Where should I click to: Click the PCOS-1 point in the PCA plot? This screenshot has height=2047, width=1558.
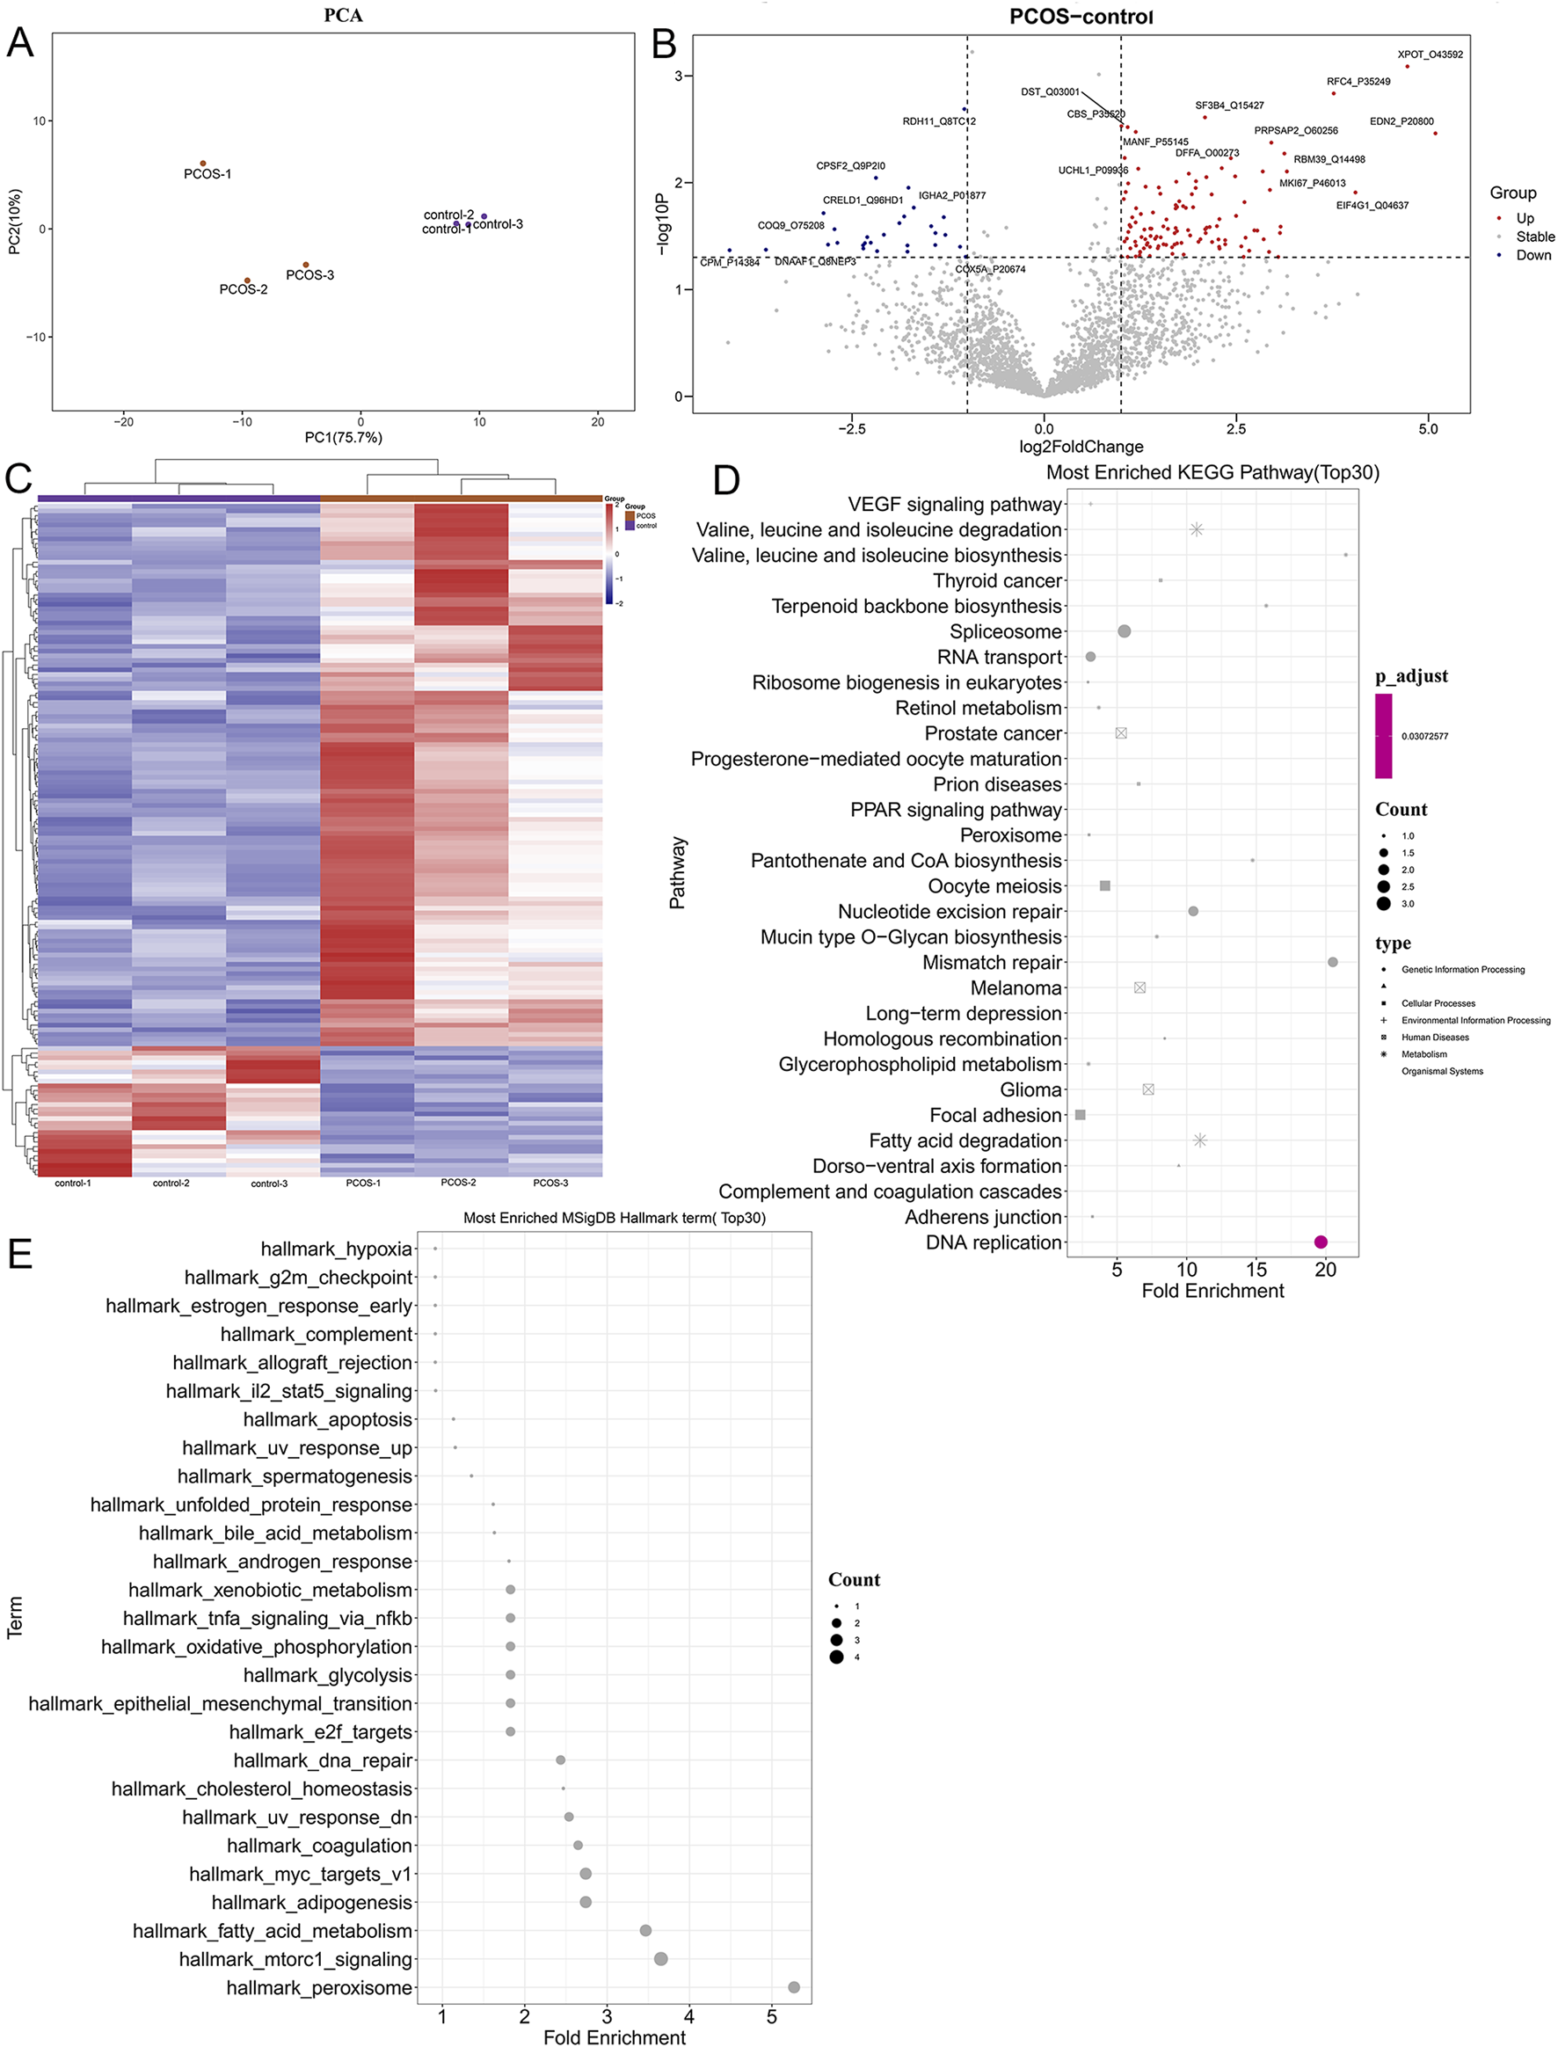[x=203, y=164]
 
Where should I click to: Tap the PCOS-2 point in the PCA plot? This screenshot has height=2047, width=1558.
[x=248, y=280]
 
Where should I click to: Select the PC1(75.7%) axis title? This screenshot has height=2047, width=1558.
[x=343, y=437]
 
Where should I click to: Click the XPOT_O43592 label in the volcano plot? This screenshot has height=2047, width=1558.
[x=1429, y=55]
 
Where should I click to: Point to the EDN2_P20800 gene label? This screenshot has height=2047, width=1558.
[x=1401, y=121]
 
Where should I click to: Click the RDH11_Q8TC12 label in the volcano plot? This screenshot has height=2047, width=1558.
[x=938, y=121]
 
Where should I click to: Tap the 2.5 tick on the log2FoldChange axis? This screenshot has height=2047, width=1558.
[x=1235, y=428]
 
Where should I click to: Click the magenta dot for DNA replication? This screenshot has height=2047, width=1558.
[x=1321, y=1242]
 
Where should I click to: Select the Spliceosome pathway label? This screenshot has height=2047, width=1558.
[x=1005, y=631]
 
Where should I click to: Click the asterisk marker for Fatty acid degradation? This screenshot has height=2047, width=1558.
[x=1200, y=1140]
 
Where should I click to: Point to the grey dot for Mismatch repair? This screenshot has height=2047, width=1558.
[x=1333, y=962]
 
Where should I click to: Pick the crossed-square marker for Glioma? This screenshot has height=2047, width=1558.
[x=1148, y=1089]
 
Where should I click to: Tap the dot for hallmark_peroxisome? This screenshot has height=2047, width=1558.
[x=794, y=1986]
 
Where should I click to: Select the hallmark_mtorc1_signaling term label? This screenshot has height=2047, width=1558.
[x=295, y=1959]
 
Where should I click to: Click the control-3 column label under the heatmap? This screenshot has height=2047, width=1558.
[x=269, y=1184]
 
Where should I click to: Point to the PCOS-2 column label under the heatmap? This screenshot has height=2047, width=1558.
[x=458, y=1183]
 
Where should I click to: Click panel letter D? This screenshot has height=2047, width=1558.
[x=726, y=480]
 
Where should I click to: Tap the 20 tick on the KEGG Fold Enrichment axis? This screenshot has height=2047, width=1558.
[x=1325, y=1269]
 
